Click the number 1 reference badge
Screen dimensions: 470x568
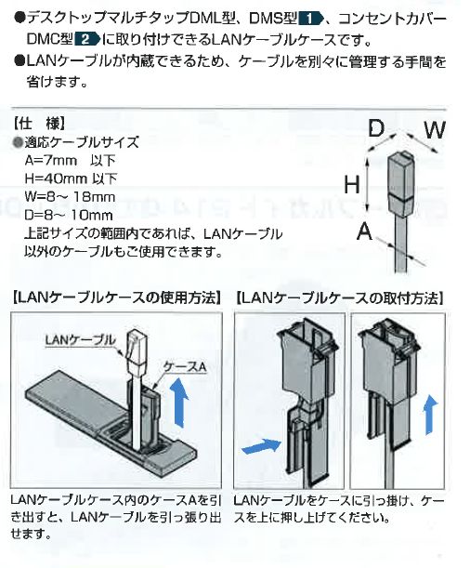[309, 18]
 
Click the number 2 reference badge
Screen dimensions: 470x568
[86, 39]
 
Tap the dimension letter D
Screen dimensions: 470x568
[376, 129]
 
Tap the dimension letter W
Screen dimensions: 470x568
[435, 130]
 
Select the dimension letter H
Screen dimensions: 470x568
[352, 184]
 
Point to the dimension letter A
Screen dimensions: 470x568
[365, 231]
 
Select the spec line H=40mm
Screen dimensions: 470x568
[71, 178]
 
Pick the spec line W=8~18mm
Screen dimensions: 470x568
[70, 197]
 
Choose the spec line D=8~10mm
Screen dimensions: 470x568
[69, 215]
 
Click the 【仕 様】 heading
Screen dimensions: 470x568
[39, 125]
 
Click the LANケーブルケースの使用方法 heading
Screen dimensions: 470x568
[117, 298]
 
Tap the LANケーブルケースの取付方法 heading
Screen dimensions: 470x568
[340, 298]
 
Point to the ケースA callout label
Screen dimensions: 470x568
[185, 367]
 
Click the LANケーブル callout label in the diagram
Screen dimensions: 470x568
[80, 340]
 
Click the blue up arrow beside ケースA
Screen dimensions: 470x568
[180, 402]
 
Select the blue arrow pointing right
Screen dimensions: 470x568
[261, 446]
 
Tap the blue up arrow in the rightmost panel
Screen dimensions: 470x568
[431, 415]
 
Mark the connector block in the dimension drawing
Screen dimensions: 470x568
[400, 184]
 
